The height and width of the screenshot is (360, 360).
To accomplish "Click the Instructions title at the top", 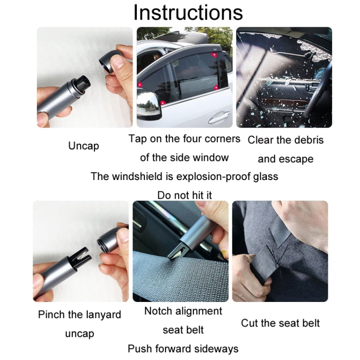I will point(188,12).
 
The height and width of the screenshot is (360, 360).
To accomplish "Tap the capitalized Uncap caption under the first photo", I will point(84,146).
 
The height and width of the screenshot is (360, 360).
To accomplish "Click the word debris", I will point(305,140).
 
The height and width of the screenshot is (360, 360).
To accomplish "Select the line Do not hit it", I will point(184,195).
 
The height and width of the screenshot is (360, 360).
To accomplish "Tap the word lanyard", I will point(100,315).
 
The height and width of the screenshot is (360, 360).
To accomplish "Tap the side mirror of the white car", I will point(149,102).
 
